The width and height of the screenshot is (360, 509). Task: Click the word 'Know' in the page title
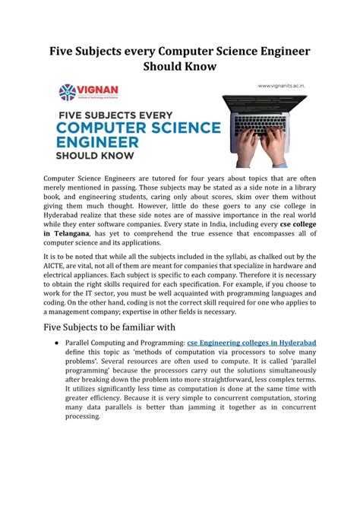[x=198, y=66]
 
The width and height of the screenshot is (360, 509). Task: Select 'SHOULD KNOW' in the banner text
[x=95, y=156]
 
